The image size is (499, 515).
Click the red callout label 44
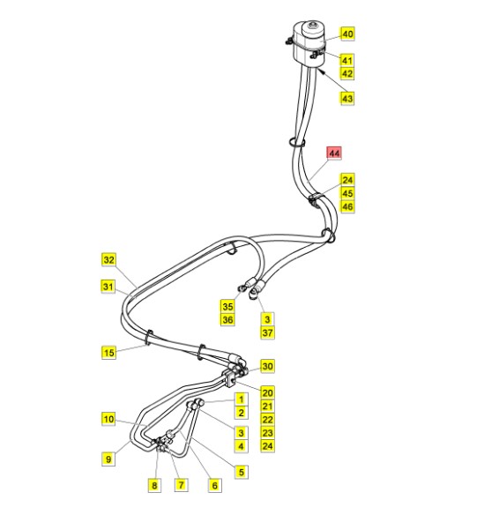334,153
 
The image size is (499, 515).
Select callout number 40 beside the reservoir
347,34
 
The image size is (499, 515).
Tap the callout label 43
347,98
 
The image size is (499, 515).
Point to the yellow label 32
108,260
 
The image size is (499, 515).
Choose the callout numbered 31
108,287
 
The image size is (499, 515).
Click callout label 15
108,353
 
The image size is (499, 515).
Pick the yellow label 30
267,366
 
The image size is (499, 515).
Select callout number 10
108,419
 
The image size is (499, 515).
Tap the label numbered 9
108,459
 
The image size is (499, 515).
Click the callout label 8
154,485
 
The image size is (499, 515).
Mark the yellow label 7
181,484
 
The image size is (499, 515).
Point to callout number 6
215,485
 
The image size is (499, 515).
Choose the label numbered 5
242,472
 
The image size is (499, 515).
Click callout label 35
227,306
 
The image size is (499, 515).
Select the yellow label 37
267,332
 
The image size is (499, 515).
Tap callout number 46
347,206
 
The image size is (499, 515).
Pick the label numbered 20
267,392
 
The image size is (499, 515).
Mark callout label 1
242,399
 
